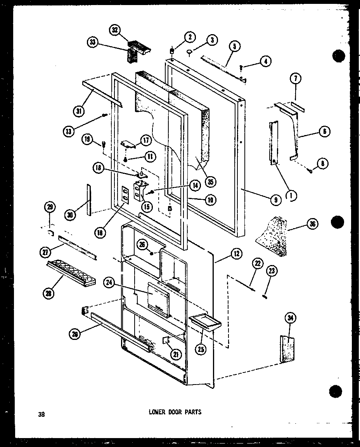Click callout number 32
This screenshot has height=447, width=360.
[114, 31]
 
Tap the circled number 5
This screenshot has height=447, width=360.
[234, 47]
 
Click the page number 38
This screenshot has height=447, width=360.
[42, 414]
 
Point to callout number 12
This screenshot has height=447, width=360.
[236, 254]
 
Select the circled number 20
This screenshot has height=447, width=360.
[75, 334]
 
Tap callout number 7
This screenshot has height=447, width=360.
[296, 79]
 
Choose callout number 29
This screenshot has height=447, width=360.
[50, 207]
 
